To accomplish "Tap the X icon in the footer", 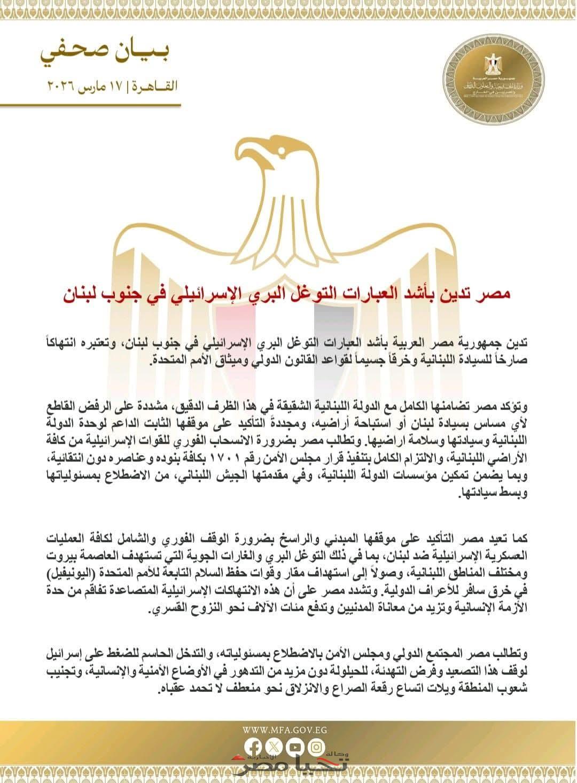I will (275, 746).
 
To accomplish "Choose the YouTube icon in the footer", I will (296, 746).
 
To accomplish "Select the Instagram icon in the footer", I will (317, 746).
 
